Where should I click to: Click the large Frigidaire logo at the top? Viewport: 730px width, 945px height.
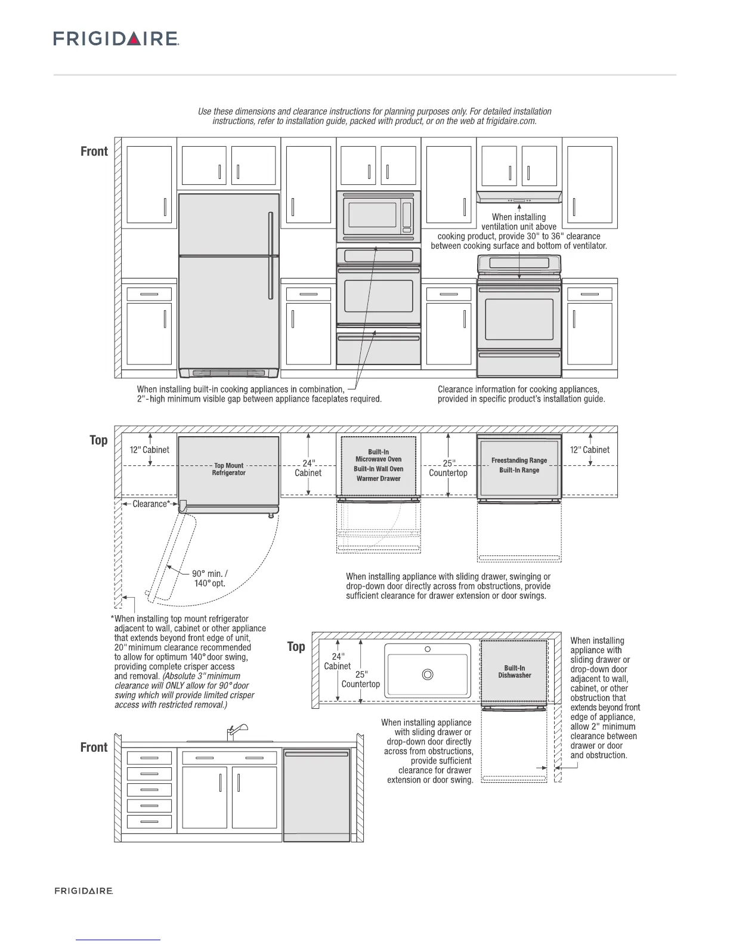pyautogui.click(x=116, y=39)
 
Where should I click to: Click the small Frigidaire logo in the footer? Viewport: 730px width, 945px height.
pyautogui.click(x=84, y=891)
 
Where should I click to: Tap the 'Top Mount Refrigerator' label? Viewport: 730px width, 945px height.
pyautogui.click(x=229, y=469)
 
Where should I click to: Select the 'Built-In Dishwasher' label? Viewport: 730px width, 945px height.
pyautogui.click(x=515, y=672)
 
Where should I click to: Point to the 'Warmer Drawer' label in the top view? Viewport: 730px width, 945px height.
pyautogui.click(x=379, y=478)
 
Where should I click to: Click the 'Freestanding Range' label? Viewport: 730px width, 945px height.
pyautogui.click(x=519, y=461)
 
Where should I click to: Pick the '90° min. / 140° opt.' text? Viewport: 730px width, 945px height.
pyautogui.click(x=209, y=579)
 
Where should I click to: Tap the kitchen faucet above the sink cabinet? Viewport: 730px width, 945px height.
pyautogui.click(x=234, y=732)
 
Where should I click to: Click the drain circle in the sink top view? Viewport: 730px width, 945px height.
pyautogui.click(x=428, y=675)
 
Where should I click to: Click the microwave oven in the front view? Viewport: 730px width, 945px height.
pyautogui.click(x=379, y=217)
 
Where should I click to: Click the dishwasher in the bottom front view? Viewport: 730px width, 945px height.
pyautogui.click(x=316, y=795)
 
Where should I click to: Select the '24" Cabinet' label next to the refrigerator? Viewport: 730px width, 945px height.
pyautogui.click(x=308, y=468)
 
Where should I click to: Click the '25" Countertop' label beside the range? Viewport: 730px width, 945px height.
pyautogui.click(x=448, y=468)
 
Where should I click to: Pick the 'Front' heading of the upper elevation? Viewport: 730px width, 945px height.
pyautogui.click(x=94, y=152)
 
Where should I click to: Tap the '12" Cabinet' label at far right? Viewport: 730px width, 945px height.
pyautogui.click(x=590, y=450)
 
